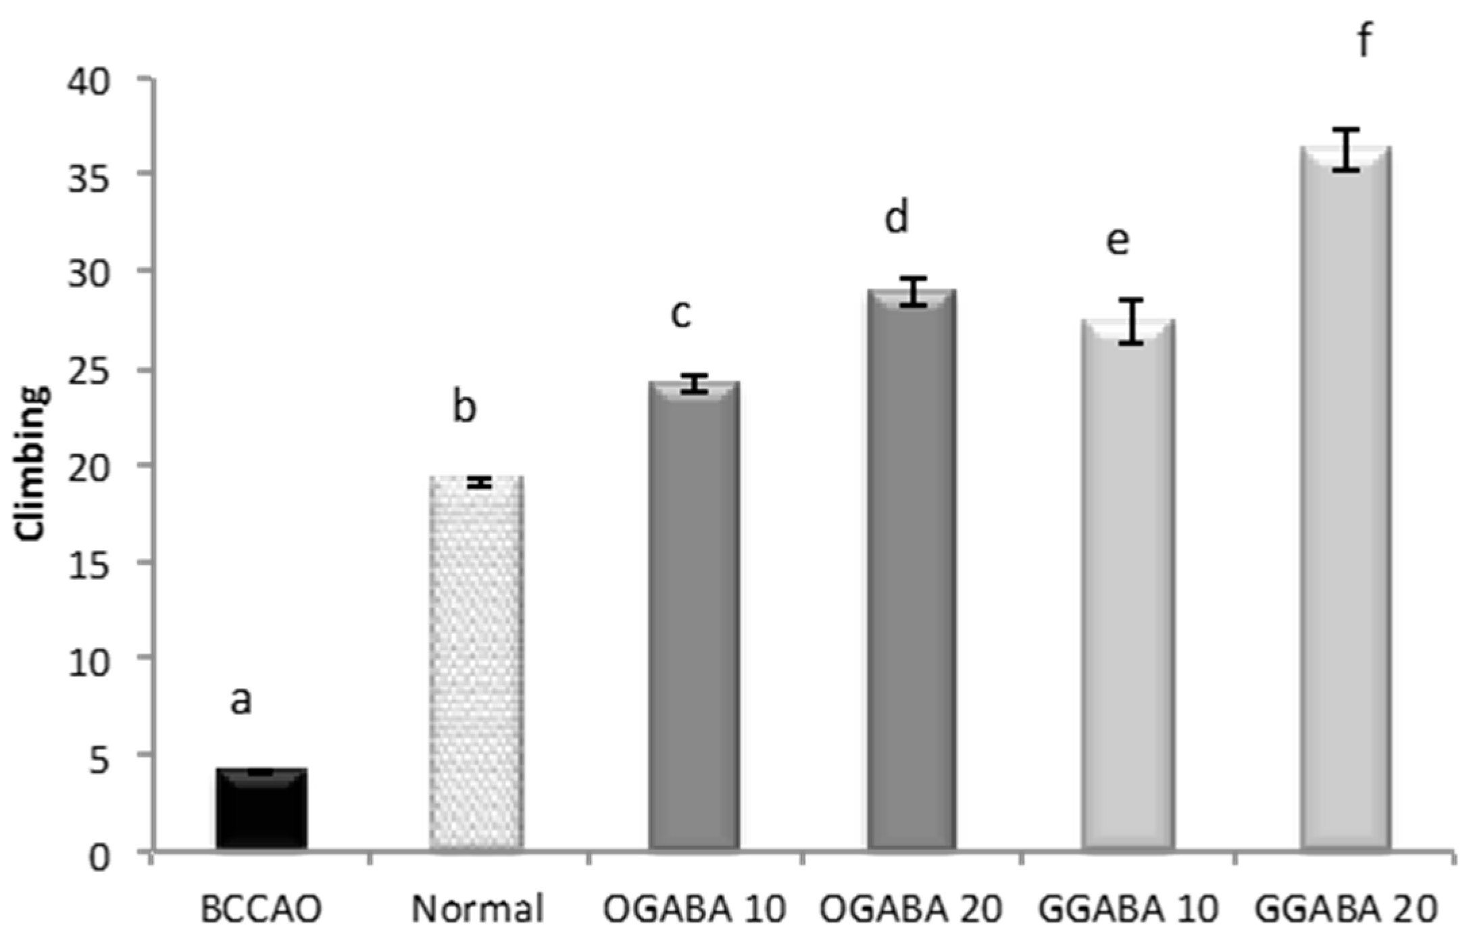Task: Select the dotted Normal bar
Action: coord(477,662)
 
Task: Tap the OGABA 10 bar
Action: coord(694,615)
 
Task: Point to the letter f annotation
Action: coord(1364,41)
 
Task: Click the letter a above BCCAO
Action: coord(241,701)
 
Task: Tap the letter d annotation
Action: coord(897,218)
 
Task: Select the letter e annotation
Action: coord(1118,241)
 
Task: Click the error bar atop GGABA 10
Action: coord(1130,322)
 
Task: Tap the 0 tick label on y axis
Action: coord(100,857)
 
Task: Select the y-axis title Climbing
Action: coord(32,463)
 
